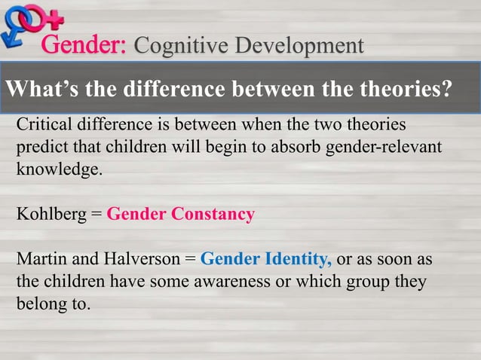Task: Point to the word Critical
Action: click(44, 124)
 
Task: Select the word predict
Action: click(41, 146)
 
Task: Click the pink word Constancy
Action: click(213, 214)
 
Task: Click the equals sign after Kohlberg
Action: click(96, 215)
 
